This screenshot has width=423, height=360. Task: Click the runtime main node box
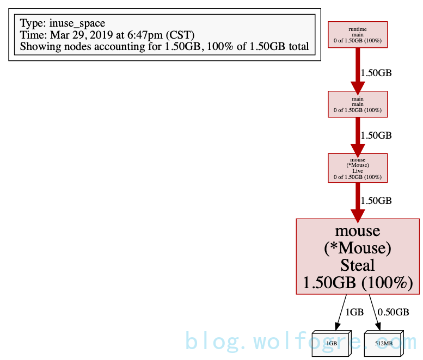(358, 34)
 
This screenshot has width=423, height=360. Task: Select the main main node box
(358, 104)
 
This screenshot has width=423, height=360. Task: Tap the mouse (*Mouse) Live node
(358, 167)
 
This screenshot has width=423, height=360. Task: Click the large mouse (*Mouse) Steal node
(358, 256)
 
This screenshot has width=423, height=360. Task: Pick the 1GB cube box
(332, 344)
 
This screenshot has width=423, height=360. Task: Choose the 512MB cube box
(383, 344)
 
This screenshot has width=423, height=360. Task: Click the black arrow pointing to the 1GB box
(341, 312)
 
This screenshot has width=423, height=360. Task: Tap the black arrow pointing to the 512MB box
(375, 312)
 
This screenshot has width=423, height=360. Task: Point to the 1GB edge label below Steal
(354, 312)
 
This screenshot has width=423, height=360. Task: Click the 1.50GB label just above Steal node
(377, 201)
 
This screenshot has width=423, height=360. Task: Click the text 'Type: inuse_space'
(63, 23)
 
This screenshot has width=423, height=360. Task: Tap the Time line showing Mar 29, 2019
(107, 35)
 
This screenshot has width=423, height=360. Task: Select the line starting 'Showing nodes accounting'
(164, 47)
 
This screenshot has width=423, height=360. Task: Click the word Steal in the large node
(358, 265)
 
